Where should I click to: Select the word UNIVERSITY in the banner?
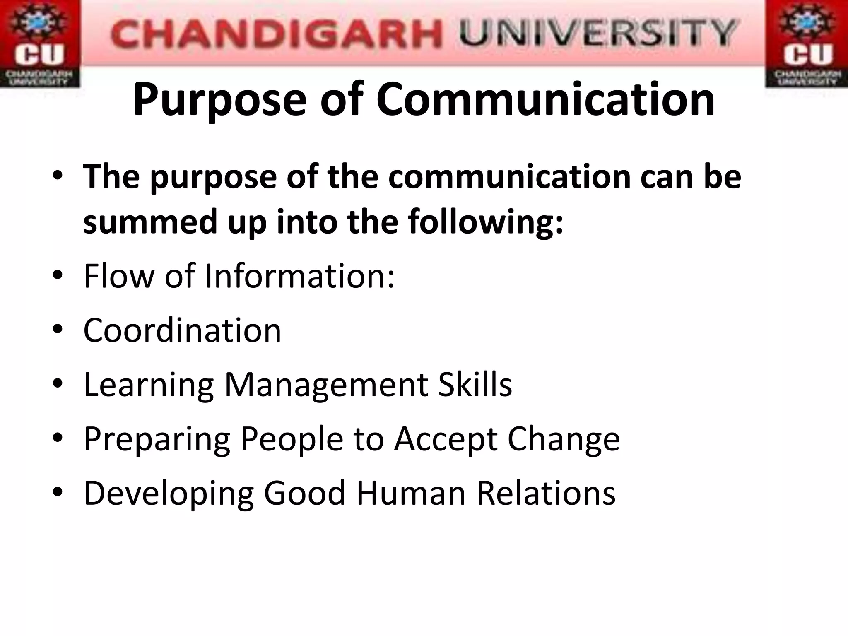coord(597,33)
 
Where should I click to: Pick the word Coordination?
coord(182,330)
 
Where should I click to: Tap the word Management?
coord(325,385)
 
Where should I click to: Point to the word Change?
coord(564,439)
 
